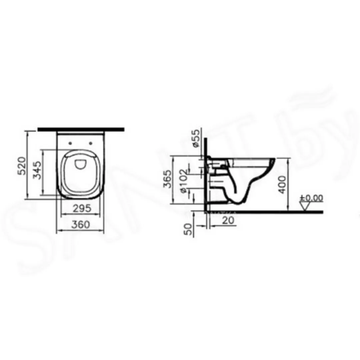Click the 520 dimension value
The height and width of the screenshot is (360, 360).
point(21,165)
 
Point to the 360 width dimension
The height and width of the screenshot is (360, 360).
point(81,225)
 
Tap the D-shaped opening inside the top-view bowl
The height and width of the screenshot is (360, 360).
point(80,163)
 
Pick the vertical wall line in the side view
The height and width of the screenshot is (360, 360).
point(205,173)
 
